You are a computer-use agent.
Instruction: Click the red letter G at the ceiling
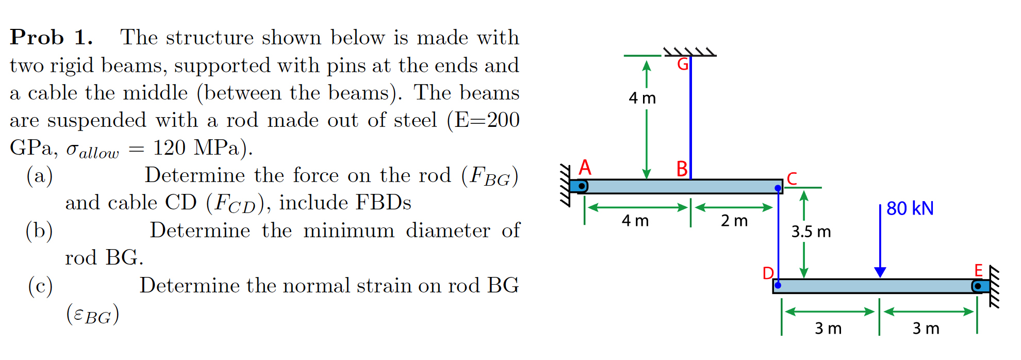[683, 64]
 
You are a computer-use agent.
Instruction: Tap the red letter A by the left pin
[585, 168]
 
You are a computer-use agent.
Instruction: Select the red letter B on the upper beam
[682, 169]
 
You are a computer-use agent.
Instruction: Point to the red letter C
[792, 178]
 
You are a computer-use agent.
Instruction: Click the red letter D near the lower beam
[768, 273]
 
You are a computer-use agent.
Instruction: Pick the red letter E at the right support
[978, 270]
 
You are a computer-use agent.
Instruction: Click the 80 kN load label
[910, 208]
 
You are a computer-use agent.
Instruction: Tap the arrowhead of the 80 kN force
[880, 272]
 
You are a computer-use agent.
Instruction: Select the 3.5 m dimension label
[811, 232]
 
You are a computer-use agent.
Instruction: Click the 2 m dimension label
[734, 221]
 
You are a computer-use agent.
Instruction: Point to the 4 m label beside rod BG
[642, 98]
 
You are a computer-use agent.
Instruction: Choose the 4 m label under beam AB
[635, 221]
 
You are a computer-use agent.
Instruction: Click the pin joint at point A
[582, 186]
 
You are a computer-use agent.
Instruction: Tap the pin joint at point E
[978, 286]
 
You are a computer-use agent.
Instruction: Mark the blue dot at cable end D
[778, 285]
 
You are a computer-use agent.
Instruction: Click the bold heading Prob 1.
[52, 38]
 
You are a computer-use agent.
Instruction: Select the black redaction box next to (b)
[99, 230]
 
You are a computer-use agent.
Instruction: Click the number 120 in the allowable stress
[169, 148]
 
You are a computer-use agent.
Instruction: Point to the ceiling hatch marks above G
[690, 51]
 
